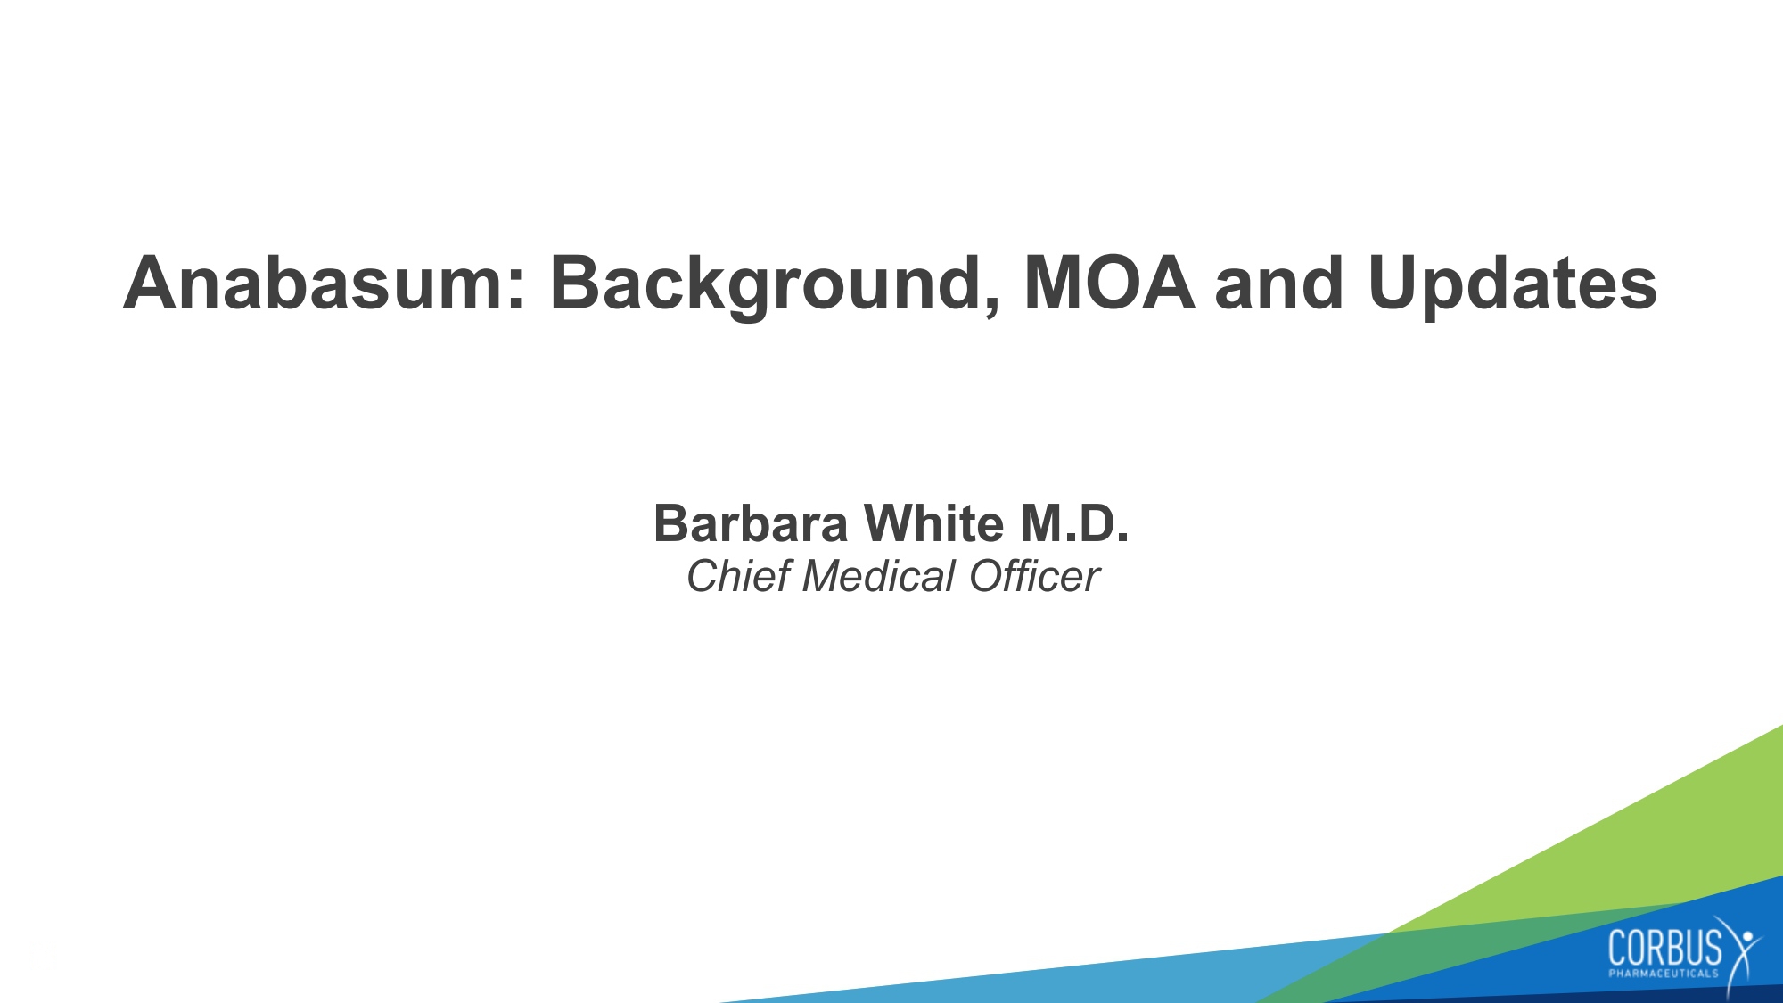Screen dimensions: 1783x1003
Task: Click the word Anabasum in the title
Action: [x=316, y=283]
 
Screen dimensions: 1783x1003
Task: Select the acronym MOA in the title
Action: [x=1109, y=283]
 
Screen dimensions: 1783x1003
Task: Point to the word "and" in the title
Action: [x=1278, y=283]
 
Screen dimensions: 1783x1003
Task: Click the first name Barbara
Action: [x=751, y=523]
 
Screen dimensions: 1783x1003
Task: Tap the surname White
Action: [x=934, y=523]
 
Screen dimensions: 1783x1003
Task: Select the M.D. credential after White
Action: [x=1074, y=523]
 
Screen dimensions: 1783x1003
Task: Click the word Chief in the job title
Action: [x=738, y=576]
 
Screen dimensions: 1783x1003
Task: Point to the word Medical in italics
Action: [x=879, y=576]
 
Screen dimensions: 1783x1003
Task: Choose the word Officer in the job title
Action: [x=1034, y=576]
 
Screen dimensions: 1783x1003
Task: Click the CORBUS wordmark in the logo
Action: [x=1665, y=947]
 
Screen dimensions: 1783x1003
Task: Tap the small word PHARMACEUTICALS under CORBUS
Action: [x=1664, y=974]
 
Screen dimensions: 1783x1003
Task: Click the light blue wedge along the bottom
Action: [x=1070, y=976]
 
